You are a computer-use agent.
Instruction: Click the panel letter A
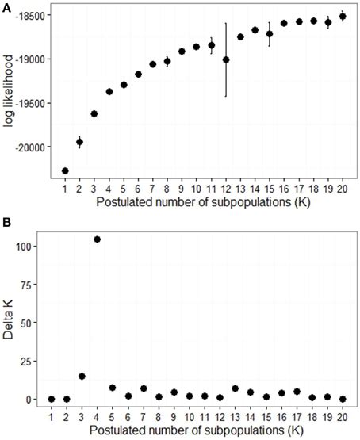(6, 6)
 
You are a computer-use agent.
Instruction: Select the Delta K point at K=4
(97, 239)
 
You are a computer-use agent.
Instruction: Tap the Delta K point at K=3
(82, 377)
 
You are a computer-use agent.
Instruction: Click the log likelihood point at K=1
(65, 170)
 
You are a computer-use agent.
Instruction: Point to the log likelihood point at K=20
(343, 16)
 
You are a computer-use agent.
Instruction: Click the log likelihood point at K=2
(79, 142)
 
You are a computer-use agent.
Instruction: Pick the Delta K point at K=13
(240, 388)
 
